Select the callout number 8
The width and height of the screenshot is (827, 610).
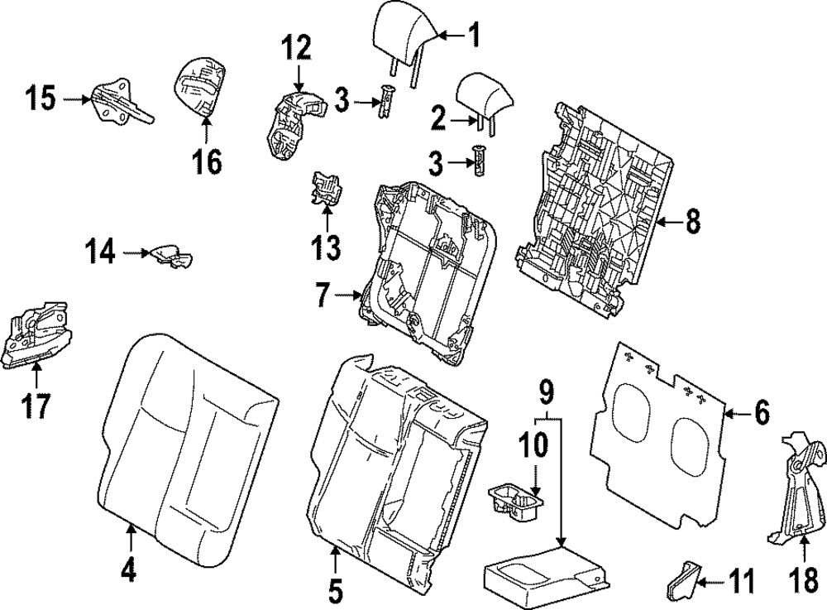click(x=692, y=222)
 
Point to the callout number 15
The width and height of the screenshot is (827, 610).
click(x=39, y=100)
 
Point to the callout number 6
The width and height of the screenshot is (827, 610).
click(x=761, y=411)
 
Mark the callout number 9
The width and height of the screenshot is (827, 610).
click(x=544, y=388)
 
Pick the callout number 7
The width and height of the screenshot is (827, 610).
click(x=321, y=294)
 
